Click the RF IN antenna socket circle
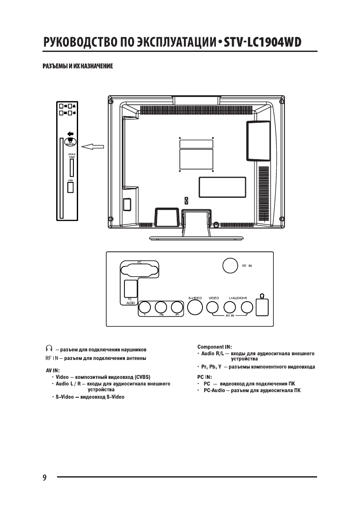pyautogui.click(x=230, y=266)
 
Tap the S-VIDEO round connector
pyautogui.click(x=195, y=307)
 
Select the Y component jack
pyautogui.click(x=145, y=307)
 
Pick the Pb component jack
pyautogui.click(x=161, y=307)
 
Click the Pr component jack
pyautogui.click(x=176, y=307)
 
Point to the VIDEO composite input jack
pyautogui.click(x=213, y=307)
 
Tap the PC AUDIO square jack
pyautogui.click(x=130, y=288)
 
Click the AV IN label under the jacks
pyautogui.click(x=230, y=315)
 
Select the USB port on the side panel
pyautogui.click(x=71, y=187)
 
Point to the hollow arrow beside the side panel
pyautogui.click(x=93, y=147)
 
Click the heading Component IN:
pyautogui.click(x=215, y=346)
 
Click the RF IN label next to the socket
pyautogui.click(x=247, y=266)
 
